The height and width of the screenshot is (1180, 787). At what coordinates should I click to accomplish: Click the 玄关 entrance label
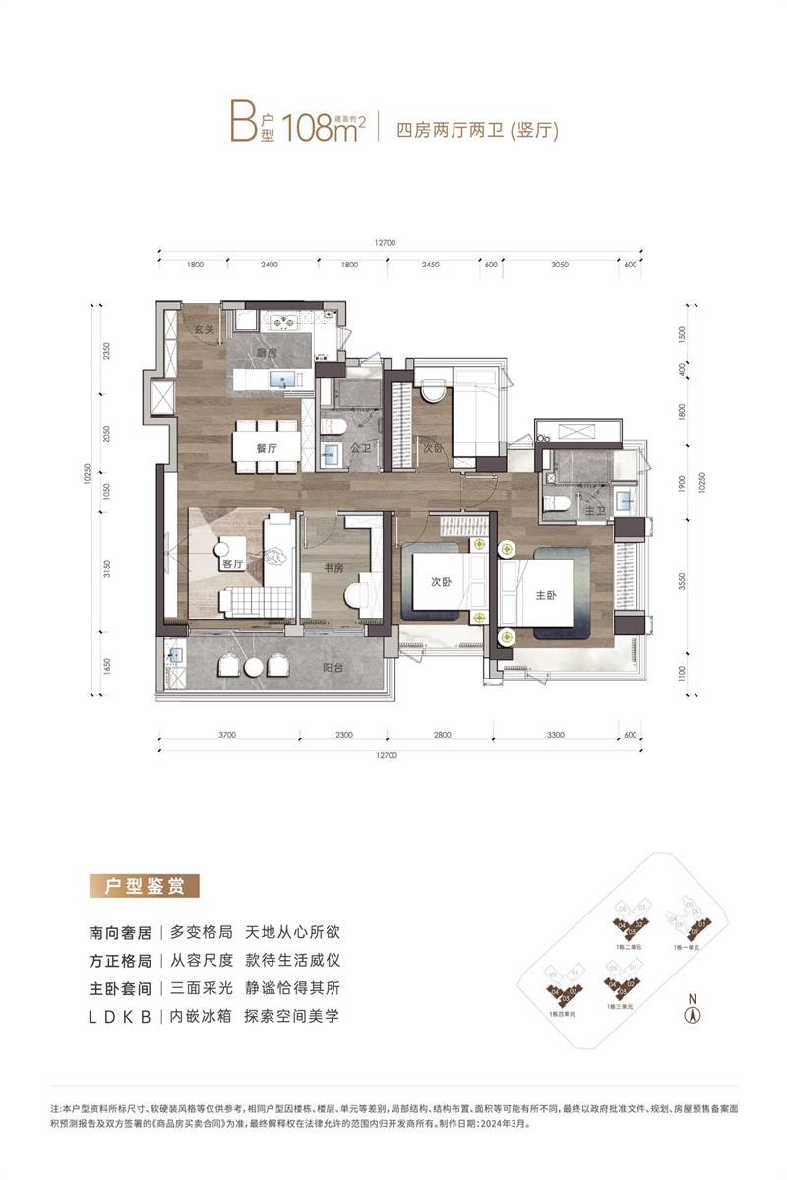click(204, 329)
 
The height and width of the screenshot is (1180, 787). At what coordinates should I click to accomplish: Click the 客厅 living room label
click(233, 564)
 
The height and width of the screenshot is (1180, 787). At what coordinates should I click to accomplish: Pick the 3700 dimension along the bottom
click(228, 735)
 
